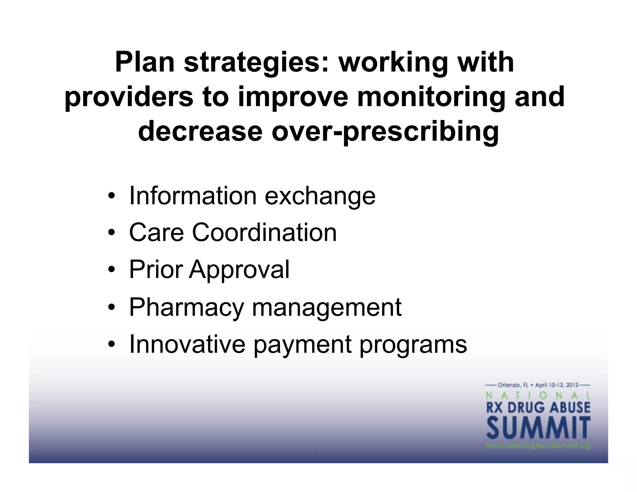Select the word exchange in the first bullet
tap(320, 197)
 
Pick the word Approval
tap(239, 270)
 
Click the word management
tap(327, 307)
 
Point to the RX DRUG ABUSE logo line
tap(538, 407)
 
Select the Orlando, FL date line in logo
tap(538, 385)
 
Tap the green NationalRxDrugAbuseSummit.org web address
tap(538, 446)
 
